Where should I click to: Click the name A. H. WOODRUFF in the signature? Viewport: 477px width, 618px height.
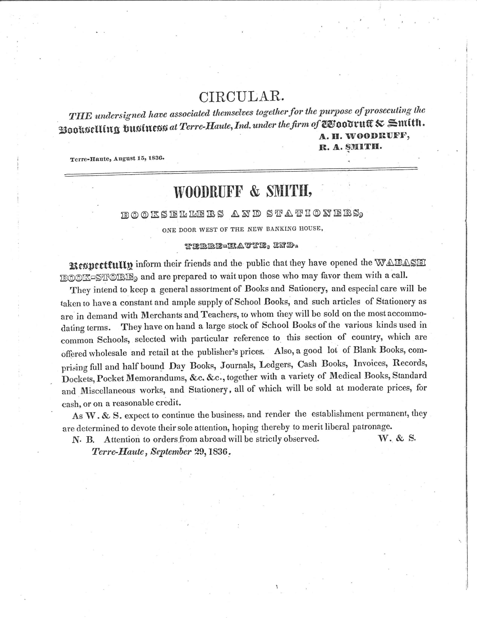point(364,136)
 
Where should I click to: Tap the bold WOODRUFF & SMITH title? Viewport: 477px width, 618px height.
point(243,192)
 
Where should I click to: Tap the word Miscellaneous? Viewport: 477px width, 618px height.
point(108,391)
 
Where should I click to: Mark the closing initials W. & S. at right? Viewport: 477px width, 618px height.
point(397,438)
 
